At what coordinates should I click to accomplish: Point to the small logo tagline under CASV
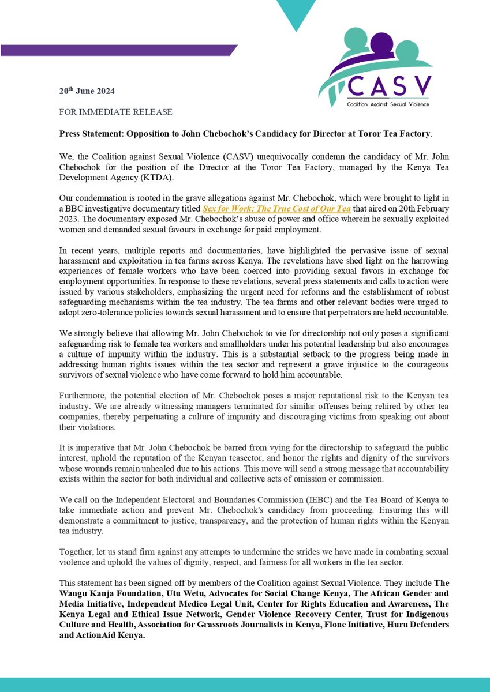click(388, 105)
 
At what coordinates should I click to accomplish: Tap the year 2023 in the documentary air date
click(71, 217)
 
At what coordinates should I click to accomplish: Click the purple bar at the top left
click(115, 51)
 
